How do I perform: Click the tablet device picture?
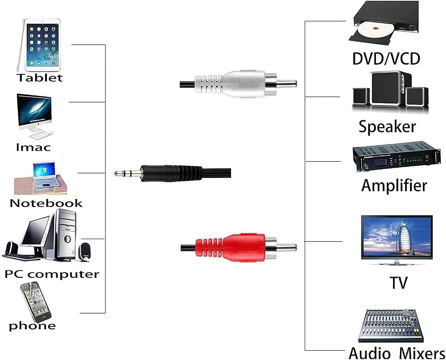39,45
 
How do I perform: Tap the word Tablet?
40,78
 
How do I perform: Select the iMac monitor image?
35,116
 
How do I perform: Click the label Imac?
33,147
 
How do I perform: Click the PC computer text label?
52,274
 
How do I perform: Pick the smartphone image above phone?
35,302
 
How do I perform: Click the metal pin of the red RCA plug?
287,248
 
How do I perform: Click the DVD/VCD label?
386,58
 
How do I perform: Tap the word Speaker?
387,126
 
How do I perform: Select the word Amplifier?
394,185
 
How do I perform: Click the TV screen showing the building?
397,237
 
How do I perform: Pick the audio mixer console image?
391,326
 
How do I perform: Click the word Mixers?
422,353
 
